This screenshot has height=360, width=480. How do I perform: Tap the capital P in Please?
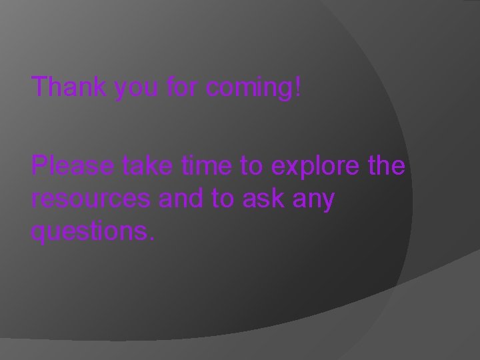pyautogui.click(x=40, y=165)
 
